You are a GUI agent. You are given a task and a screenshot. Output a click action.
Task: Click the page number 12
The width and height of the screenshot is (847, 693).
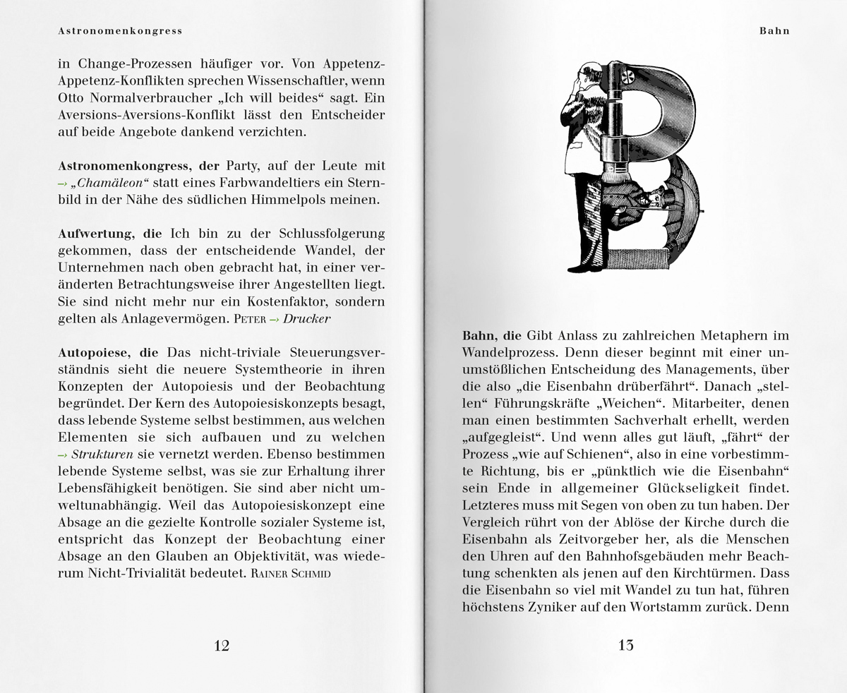[221, 645]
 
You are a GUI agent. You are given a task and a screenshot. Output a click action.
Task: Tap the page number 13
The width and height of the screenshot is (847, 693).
[625, 645]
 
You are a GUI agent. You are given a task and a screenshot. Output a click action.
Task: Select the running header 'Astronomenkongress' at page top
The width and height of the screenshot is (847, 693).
[120, 31]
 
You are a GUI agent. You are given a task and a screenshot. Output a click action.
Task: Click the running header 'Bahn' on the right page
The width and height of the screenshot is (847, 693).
[774, 31]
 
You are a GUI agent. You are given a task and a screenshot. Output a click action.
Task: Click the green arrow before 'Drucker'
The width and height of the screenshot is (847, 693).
[275, 319]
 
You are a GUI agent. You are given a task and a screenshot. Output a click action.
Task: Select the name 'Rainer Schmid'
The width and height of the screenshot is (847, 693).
[291, 574]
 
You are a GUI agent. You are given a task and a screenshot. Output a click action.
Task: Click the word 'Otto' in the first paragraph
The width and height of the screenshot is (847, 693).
[72, 98]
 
